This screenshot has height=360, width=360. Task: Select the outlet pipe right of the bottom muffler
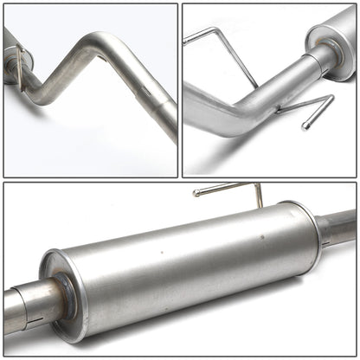tap(339, 227)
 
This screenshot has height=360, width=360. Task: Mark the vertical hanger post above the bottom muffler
tap(258, 195)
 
